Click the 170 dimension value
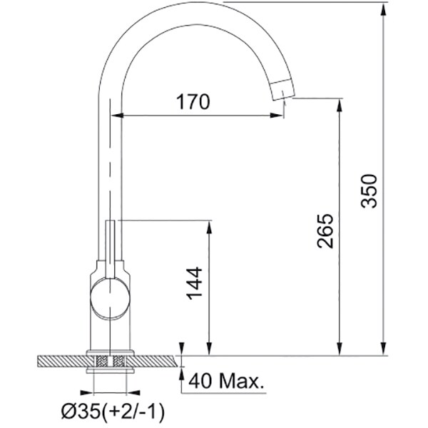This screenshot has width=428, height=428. click(x=193, y=101)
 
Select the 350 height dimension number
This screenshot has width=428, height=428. click(x=369, y=190)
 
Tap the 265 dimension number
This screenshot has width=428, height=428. click(x=325, y=231)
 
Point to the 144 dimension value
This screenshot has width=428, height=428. click(x=194, y=283)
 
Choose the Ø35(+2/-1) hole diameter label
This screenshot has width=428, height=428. click(x=113, y=411)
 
